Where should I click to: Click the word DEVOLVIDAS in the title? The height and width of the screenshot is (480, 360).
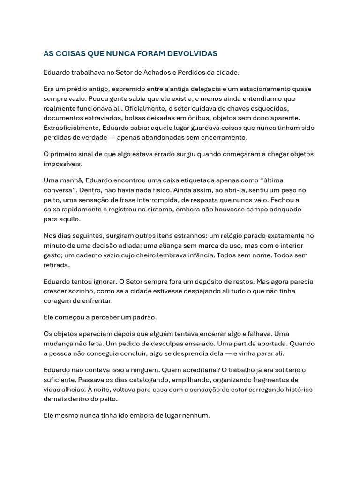pos(192,53)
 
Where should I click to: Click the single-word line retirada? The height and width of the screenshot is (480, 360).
pos(56,265)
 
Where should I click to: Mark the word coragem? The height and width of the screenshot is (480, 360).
pos(58,300)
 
